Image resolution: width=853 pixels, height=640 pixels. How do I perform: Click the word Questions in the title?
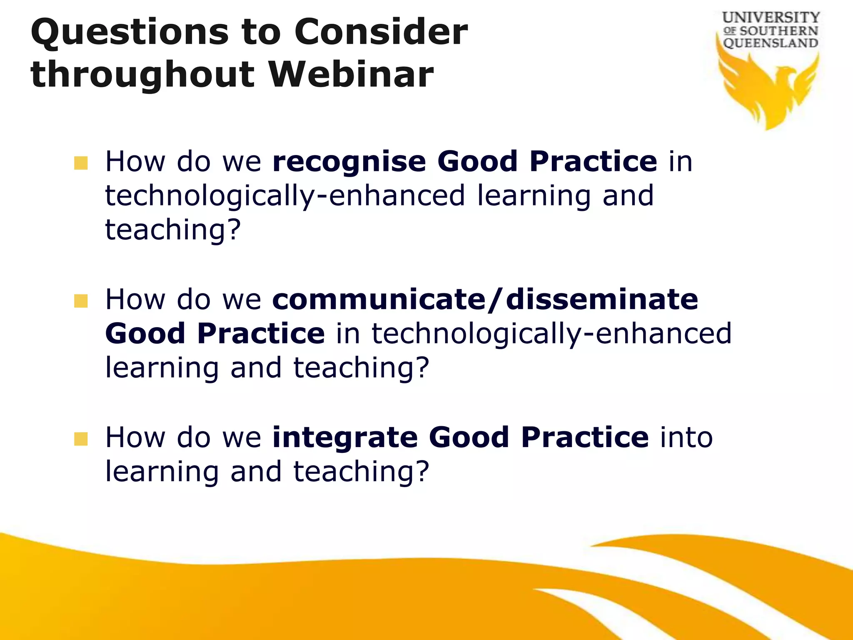(x=129, y=33)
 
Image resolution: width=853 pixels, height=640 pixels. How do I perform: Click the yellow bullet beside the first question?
(x=81, y=163)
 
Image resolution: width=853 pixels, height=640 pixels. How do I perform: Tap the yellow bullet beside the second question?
(x=81, y=301)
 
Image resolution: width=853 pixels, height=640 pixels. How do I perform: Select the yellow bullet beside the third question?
(x=81, y=439)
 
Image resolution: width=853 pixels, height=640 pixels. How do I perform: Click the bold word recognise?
(x=349, y=162)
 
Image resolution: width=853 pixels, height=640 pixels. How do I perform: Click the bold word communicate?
(x=379, y=300)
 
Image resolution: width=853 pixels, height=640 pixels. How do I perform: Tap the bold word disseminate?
(x=601, y=300)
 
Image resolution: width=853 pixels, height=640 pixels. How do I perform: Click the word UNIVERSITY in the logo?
(x=771, y=18)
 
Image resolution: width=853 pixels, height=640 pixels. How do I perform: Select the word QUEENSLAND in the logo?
(x=771, y=43)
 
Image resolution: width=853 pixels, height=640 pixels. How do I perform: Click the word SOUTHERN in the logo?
(x=778, y=31)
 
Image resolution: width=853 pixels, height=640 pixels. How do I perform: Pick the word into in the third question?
(x=686, y=437)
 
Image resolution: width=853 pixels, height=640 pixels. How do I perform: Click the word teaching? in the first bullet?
(x=173, y=230)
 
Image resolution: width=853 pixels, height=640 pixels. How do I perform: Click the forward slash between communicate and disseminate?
(x=495, y=300)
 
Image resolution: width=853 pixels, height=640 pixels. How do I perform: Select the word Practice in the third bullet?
(x=584, y=437)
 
